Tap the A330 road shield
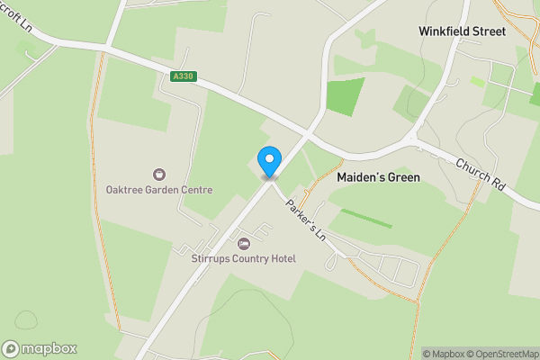pos(183,77)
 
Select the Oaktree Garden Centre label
pos(158,190)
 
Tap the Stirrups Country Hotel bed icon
pos(242,243)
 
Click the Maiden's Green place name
pos(378,177)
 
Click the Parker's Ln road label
pos(305,219)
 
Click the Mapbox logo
pos(39,348)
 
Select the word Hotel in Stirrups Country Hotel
pos(281,259)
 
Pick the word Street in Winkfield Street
pos(511,31)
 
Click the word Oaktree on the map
pos(123,190)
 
